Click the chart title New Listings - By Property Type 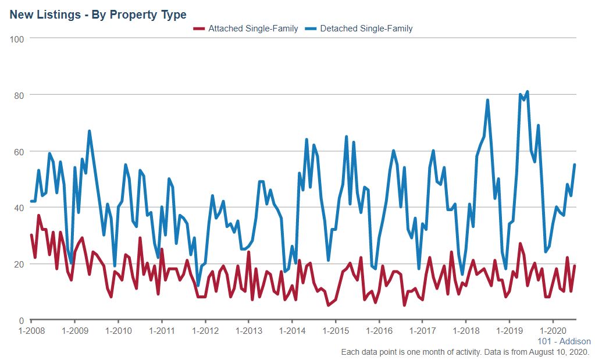(98, 15)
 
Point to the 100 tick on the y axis (17, 38)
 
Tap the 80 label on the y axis (19, 95)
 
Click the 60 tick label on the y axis (19, 151)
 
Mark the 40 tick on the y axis (19, 208)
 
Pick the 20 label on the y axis (19, 264)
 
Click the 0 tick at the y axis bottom (22, 320)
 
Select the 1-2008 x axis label (31, 330)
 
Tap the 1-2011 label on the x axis (161, 330)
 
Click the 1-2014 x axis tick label (292, 330)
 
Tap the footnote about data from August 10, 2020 (465, 352)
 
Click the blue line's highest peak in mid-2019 (527, 92)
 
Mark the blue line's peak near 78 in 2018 (487, 100)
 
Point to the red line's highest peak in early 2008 (38, 216)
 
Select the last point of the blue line (575, 165)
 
